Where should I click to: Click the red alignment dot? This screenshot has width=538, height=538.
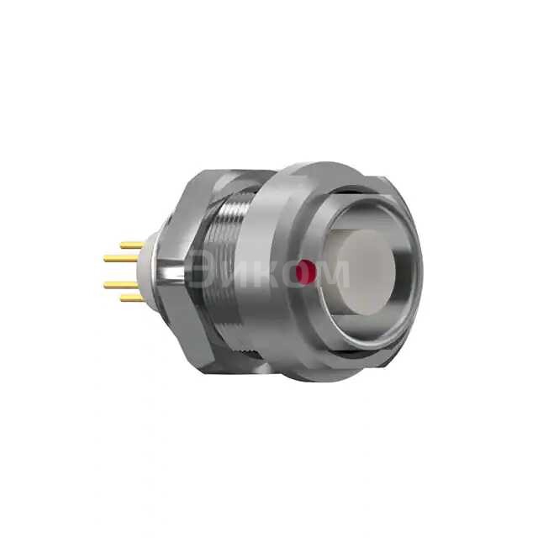pos(306,272)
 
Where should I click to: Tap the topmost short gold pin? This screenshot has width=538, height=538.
pos(132,245)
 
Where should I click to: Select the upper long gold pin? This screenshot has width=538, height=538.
pos(122,258)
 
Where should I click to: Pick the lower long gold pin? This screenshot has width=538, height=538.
pos(122,285)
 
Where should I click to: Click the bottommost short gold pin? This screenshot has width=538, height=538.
pos(132,298)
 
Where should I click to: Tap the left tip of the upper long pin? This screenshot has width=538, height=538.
pos(107,258)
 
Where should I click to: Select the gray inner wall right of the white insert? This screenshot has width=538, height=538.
pos(402,269)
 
